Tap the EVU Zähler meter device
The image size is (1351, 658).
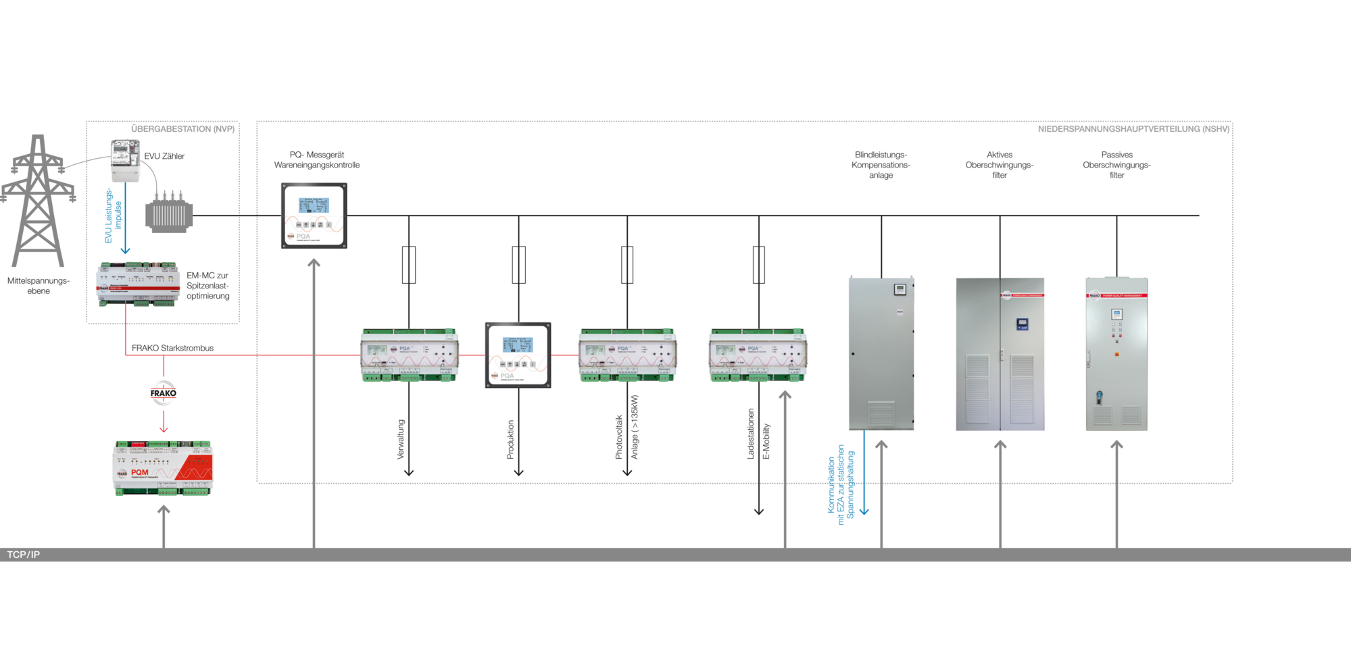pyautogui.click(x=125, y=160)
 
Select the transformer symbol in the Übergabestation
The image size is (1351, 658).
pyautogui.click(x=169, y=213)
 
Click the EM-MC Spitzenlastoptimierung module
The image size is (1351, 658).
pyautogui.click(x=139, y=284)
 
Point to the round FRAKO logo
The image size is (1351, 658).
pyautogui.click(x=164, y=393)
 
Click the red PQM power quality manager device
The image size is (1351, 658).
pyautogui.click(x=163, y=468)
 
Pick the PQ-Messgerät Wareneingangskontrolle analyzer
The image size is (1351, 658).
pyautogui.click(x=314, y=216)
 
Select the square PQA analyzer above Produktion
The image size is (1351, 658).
pyautogui.click(x=518, y=355)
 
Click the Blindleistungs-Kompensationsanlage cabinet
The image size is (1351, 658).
pyautogui.click(x=881, y=353)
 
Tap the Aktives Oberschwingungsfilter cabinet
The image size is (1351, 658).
pyautogui.click(x=1000, y=354)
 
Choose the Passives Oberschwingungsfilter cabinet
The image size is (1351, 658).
pyautogui.click(x=1116, y=354)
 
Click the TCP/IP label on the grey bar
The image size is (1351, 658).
pyautogui.click(x=24, y=555)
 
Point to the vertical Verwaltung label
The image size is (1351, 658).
pyautogui.click(x=401, y=439)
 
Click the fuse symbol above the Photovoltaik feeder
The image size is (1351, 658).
pyautogui.click(x=627, y=264)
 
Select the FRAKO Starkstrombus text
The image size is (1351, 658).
pyautogui.click(x=172, y=348)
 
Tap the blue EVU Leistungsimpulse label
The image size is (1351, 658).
pyautogui.click(x=113, y=216)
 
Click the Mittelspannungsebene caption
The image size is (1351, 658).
pyautogui.click(x=39, y=286)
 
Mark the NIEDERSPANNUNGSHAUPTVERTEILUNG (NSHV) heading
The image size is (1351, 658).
pyautogui.click(x=1133, y=129)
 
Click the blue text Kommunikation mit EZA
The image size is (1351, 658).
pyautogui.click(x=841, y=484)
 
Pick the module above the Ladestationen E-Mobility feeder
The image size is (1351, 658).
pyautogui.click(x=758, y=355)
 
